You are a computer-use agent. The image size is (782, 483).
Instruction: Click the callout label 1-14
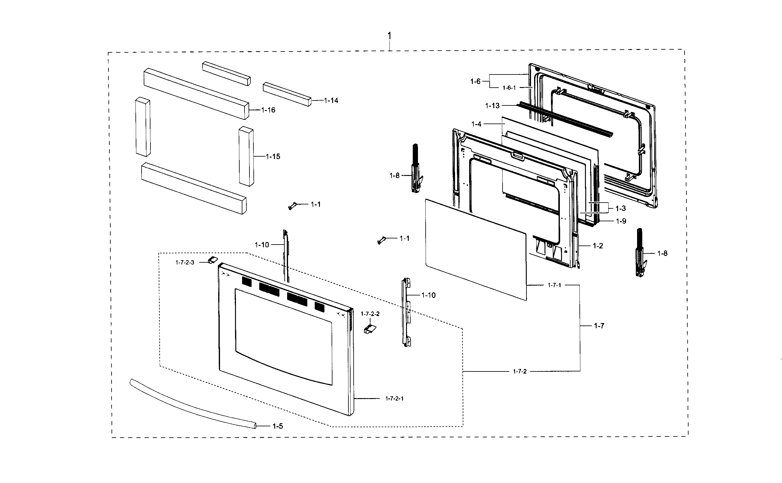[331, 101]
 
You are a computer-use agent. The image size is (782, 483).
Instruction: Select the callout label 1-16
[268, 110]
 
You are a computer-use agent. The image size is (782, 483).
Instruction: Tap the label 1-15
[273, 157]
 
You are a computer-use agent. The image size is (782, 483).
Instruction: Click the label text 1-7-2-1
[394, 399]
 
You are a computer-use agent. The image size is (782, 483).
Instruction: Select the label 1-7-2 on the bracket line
[520, 371]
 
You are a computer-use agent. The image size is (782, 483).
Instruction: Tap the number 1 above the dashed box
[389, 36]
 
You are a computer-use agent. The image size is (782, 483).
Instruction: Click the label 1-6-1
[509, 88]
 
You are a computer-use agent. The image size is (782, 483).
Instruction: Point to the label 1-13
[492, 106]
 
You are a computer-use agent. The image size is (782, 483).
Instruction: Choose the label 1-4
[476, 124]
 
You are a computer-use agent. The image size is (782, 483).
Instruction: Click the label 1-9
[621, 221]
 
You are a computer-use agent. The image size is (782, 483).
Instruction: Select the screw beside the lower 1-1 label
[381, 241]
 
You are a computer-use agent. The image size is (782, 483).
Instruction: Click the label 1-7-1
[554, 285]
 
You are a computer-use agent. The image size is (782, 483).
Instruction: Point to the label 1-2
[598, 246]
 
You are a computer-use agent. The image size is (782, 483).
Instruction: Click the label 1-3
[621, 209]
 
